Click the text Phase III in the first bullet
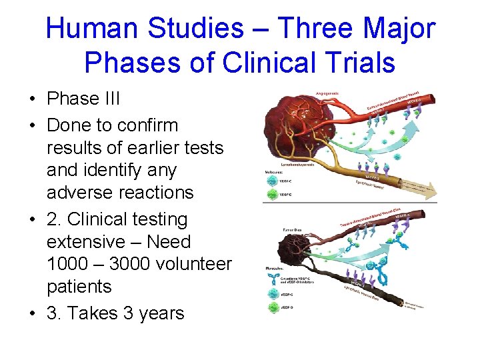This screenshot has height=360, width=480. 83,99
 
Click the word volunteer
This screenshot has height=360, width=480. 199,264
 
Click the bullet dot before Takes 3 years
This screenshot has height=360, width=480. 33,313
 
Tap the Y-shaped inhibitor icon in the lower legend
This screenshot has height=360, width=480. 273,275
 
